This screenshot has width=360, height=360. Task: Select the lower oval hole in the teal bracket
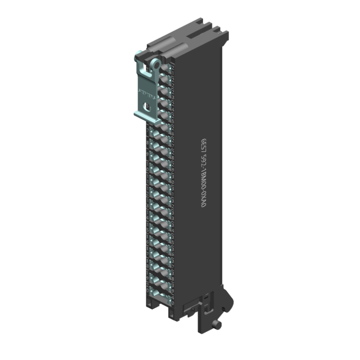[x=145, y=106]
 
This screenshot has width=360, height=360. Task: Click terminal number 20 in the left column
[x=148, y=289]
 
